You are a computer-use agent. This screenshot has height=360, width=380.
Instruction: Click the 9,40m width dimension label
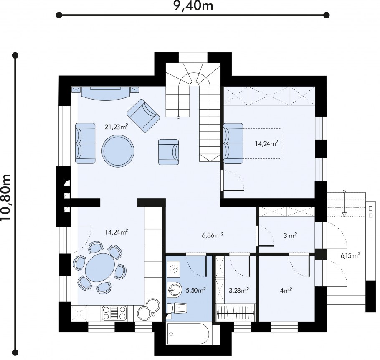click(193, 5)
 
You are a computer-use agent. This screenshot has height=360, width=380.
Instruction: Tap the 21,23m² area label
click(117, 127)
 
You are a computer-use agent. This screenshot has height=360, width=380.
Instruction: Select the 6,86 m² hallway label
click(213, 235)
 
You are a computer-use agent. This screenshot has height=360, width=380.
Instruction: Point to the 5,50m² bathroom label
click(196, 290)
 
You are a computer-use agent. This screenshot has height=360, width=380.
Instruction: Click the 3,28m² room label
click(239, 290)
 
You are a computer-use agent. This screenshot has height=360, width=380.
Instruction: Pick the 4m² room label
click(286, 290)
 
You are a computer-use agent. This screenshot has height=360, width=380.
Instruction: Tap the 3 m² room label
click(290, 235)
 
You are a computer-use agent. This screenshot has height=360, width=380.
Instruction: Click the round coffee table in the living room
click(118, 151)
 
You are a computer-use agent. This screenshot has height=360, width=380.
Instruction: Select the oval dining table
click(100, 267)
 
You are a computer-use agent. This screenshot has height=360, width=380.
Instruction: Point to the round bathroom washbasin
click(174, 289)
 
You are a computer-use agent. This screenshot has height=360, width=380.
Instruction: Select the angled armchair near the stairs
click(143, 115)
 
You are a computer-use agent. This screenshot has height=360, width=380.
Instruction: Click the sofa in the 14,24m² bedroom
click(233, 143)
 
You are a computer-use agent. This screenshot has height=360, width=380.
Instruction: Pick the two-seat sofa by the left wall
click(85, 143)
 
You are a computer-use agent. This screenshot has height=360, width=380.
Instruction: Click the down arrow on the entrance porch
click(344, 203)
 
